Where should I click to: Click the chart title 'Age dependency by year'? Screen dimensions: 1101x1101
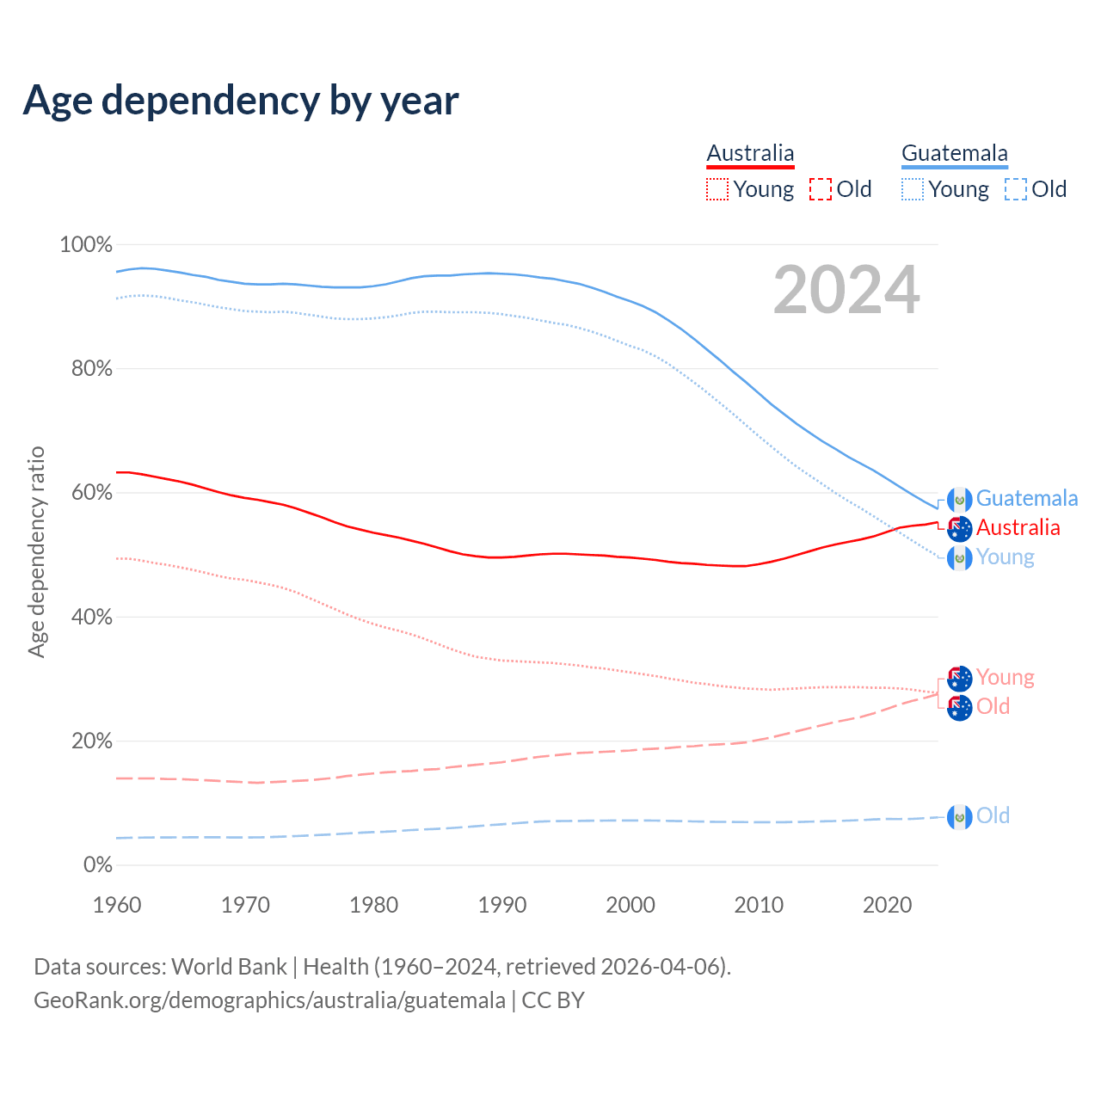[x=241, y=101]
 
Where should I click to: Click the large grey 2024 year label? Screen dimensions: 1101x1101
[x=846, y=291]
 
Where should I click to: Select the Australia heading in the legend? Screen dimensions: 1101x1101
[x=750, y=153]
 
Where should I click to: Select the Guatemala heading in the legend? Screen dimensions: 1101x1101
[x=954, y=153]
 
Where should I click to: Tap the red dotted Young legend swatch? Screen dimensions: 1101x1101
[x=717, y=189]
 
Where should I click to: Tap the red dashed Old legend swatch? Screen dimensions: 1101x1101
[x=821, y=189]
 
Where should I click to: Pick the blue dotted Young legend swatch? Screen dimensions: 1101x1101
[x=913, y=189]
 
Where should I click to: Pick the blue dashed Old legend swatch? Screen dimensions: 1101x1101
[x=1016, y=189]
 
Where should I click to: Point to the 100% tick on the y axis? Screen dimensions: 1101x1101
[x=86, y=245]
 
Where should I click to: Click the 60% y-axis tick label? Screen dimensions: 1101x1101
[x=91, y=493]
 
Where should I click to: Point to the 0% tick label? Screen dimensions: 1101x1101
[x=98, y=865]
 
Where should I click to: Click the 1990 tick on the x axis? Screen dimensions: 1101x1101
[x=502, y=905]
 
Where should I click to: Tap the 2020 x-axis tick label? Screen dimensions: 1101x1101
[x=887, y=905]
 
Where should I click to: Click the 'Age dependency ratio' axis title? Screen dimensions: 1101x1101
[x=36, y=551]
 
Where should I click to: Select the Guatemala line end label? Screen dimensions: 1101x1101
[x=1026, y=499]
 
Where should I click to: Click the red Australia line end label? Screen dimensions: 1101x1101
[x=1018, y=528]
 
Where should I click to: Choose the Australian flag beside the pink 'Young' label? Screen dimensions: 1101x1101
[x=959, y=679]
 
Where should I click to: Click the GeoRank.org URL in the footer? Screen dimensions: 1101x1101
[x=269, y=1000]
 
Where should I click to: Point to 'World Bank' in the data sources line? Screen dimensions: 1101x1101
[x=229, y=967]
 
